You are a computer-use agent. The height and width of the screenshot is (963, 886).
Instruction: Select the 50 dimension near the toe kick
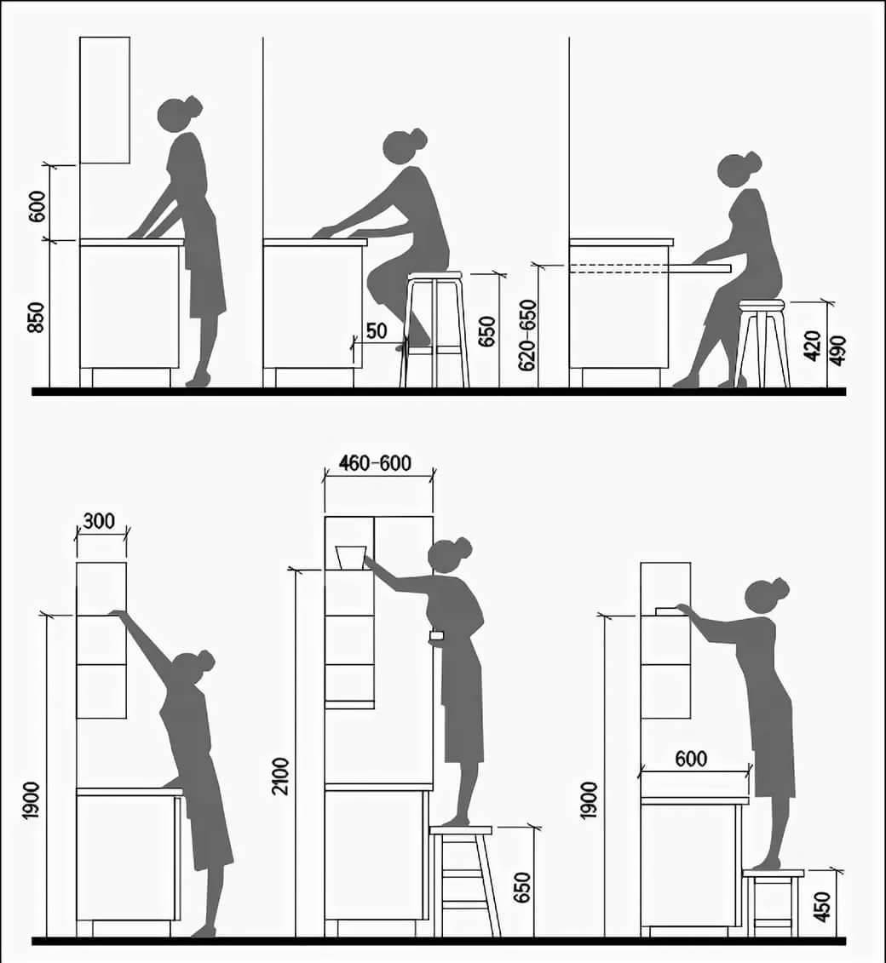(376, 330)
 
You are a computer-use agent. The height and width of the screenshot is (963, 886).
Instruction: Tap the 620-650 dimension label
(528, 335)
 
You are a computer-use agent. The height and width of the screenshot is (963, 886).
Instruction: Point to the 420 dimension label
(813, 345)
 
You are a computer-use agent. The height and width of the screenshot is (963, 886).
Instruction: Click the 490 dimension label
(837, 350)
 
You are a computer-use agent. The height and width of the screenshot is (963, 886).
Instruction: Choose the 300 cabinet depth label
(98, 521)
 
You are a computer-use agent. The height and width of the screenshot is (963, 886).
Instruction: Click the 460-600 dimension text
(376, 462)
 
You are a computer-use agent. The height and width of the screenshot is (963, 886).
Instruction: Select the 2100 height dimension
(281, 777)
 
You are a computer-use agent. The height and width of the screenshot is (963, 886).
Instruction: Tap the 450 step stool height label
(821, 907)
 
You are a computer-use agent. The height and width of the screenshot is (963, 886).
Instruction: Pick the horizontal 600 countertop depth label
(691, 759)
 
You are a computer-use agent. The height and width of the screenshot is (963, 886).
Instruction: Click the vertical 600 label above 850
(37, 206)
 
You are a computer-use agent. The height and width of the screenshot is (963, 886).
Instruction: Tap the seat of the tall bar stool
(434, 276)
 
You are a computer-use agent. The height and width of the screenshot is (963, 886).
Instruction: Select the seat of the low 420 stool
(762, 305)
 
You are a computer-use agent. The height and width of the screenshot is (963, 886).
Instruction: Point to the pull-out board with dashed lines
(651, 267)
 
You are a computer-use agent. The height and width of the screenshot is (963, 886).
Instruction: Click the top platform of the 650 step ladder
(461, 829)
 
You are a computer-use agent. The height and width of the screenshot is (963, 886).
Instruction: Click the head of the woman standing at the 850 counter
(178, 113)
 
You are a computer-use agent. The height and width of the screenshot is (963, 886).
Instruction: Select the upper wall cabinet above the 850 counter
(105, 100)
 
